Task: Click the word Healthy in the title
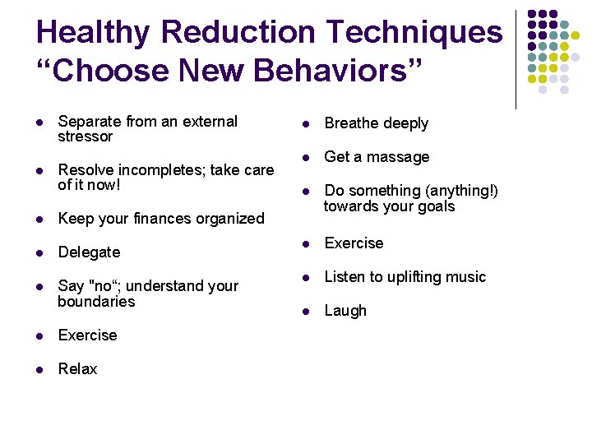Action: (x=93, y=33)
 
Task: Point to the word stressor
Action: (x=85, y=136)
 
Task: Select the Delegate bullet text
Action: (x=89, y=252)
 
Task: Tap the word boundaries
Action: (x=96, y=302)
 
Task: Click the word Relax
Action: (x=77, y=369)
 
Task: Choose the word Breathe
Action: (x=351, y=123)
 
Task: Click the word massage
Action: (x=400, y=157)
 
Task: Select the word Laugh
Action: (x=345, y=311)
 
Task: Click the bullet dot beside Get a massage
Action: (x=304, y=157)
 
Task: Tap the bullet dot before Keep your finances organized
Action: (x=38, y=219)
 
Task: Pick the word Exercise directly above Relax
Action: (x=87, y=335)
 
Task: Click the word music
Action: (x=466, y=277)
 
